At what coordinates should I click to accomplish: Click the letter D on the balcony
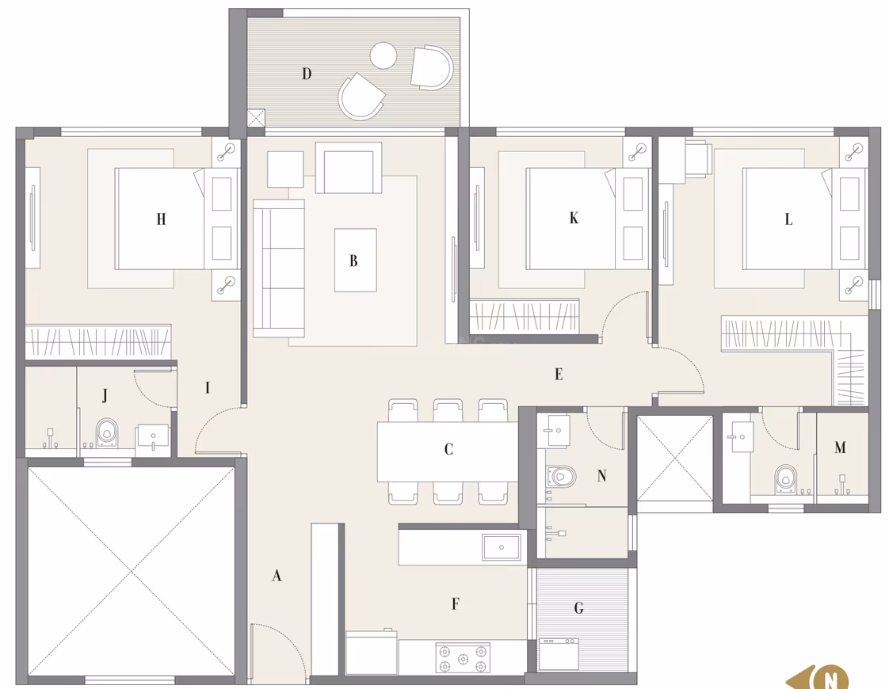[307, 74]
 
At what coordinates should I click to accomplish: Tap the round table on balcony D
[383, 55]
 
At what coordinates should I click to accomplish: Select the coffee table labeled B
[356, 260]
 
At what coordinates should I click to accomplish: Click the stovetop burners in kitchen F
[463, 658]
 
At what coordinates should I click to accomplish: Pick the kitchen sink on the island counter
[502, 547]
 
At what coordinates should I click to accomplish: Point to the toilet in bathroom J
[106, 433]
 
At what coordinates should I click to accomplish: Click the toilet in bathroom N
[561, 476]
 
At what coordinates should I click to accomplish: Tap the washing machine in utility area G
[559, 655]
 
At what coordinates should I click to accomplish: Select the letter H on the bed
[162, 219]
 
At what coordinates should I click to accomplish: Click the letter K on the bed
[574, 218]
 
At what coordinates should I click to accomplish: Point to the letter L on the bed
[788, 219]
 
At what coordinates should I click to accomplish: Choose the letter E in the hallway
[559, 374]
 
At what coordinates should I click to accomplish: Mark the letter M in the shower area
[840, 447]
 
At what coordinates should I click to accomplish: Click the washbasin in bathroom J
[152, 438]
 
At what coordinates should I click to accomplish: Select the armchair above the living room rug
[348, 168]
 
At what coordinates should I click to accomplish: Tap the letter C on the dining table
[448, 449]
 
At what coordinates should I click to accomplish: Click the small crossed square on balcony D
[256, 118]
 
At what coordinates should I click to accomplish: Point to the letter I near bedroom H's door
[208, 387]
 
